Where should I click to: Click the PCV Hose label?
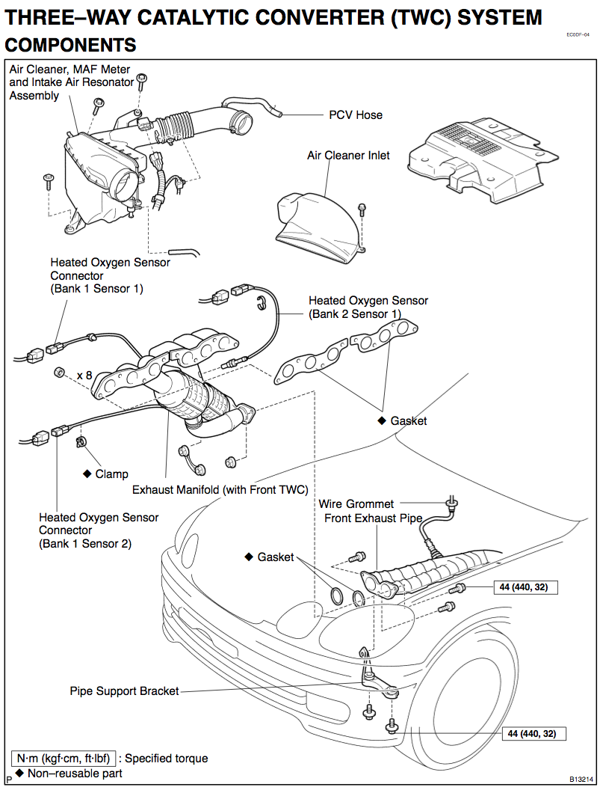pos(356,115)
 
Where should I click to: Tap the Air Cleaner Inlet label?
pos(348,155)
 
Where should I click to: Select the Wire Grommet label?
pos(356,503)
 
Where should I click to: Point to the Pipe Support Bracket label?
pos(124,691)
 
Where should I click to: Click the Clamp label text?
pos(112,474)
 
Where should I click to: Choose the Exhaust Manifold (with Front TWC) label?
pos(220,489)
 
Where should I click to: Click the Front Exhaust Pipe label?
pos(373,518)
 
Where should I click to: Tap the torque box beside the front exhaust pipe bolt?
pos(524,587)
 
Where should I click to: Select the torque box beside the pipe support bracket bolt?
pos(531,734)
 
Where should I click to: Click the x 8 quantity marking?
pos(84,376)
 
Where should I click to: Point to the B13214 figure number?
pos(581,778)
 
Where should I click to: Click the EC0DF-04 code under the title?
pos(578,34)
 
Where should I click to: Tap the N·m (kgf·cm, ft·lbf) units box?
pos(64,759)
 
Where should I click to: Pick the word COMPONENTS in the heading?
pos(70,45)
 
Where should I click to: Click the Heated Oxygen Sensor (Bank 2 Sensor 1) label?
pos(368,307)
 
